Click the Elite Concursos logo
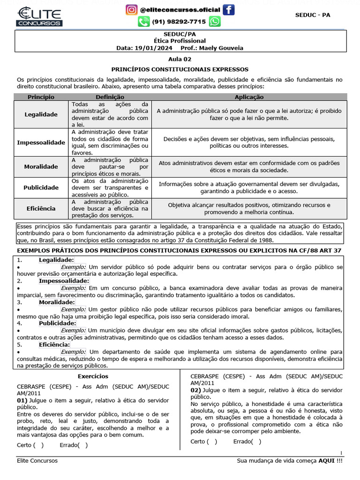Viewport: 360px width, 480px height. coord(39,16)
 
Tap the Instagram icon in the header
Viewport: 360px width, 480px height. coord(132,9)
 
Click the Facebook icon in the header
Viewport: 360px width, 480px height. coord(228,9)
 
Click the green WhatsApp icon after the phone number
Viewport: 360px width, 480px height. coord(214,22)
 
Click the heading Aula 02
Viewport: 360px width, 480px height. coord(180,59)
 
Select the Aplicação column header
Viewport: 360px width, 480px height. coord(249,97)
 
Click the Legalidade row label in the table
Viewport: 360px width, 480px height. coord(41,114)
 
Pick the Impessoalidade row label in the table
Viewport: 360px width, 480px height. coord(41,142)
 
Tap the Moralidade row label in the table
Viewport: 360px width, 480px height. coord(41,166)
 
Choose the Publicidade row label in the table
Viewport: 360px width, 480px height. coord(41,187)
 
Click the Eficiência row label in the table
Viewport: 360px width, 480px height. coord(41,208)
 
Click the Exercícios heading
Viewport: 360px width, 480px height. coord(93,376)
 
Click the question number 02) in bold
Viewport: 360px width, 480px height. coord(196,390)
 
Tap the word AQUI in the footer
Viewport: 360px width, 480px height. coord(326,460)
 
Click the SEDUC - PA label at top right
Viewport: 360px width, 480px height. coord(313,15)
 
